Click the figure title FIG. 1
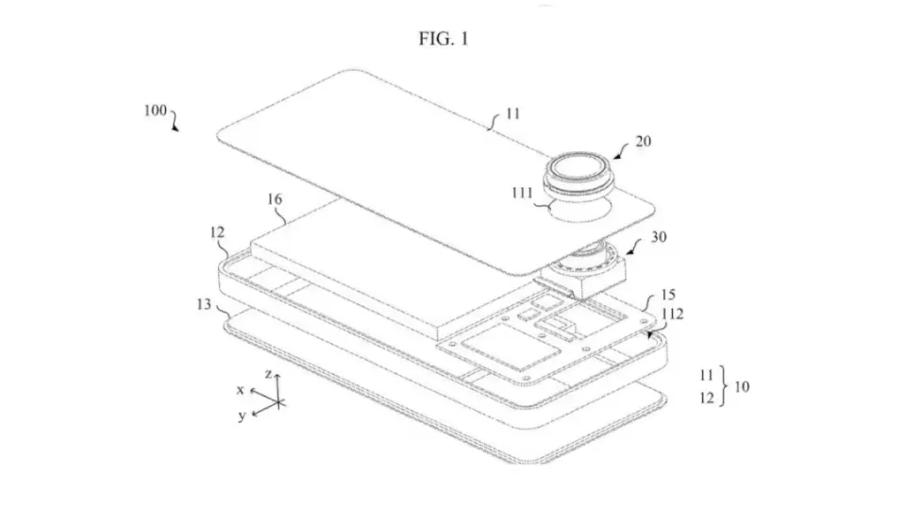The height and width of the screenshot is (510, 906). [x=444, y=39]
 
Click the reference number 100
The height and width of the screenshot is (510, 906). [x=155, y=110]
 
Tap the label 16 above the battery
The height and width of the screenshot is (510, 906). [x=275, y=199]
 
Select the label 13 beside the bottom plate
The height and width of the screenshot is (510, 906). [x=204, y=304]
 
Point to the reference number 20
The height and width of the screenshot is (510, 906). [x=643, y=141]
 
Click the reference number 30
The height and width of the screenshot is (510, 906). [x=659, y=236]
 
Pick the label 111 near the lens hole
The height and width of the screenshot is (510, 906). [x=522, y=193]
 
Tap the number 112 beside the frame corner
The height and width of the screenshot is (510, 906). [x=673, y=314]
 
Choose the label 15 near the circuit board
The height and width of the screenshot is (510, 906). [x=668, y=295]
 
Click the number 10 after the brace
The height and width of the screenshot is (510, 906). [x=742, y=386]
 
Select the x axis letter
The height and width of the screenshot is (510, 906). [x=241, y=390]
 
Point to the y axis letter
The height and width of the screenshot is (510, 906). [x=243, y=416]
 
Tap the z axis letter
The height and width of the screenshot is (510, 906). [x=268, y=374]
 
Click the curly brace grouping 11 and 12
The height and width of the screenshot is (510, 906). [x=723, y=386]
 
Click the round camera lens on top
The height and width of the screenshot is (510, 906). [x=579, y=168]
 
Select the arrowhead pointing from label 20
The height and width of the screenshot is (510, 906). [x=617, y=156]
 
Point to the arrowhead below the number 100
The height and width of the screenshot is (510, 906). [x=176, y=128]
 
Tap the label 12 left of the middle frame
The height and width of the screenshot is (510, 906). [x=217, y=232]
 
